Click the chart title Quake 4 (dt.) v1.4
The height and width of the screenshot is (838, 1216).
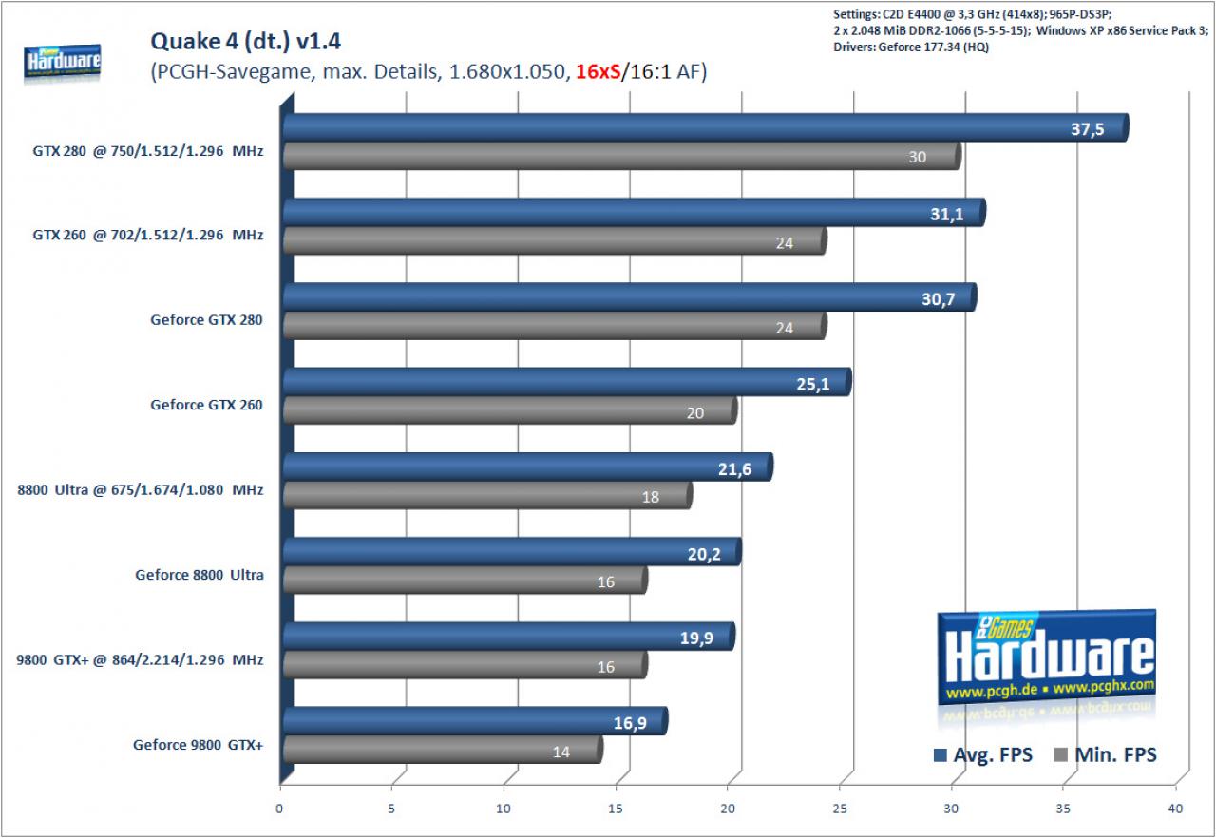point(245,41)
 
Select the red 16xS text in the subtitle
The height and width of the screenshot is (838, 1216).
point(598,71)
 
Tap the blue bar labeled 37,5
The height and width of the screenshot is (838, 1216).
point(706,127)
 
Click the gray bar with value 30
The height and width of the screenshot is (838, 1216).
point(622,157)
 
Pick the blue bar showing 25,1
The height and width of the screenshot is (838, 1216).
point(567,382)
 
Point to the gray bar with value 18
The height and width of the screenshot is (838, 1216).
point(488,496)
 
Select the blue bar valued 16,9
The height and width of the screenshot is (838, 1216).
point(475,721)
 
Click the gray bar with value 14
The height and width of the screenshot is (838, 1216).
point(443,750)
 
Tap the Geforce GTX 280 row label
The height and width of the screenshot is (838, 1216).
point(206,319)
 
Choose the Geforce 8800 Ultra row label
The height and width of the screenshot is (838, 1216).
point(199,574)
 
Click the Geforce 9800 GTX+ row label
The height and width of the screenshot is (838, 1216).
point(199,745)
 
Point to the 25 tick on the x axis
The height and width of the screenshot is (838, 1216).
point(839,809)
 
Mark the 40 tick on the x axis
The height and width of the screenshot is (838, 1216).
point(1175,809)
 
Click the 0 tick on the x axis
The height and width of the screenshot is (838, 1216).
point(279,809)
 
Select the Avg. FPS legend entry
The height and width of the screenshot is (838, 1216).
point(983,755)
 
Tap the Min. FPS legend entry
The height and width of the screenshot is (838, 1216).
point(1105,755)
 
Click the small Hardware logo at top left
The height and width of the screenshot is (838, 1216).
point(63,62)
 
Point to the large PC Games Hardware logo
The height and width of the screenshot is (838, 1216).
point(1047,657)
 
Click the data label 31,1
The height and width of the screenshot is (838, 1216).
point(947,214)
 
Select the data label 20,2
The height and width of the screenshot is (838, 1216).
point(704,554)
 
